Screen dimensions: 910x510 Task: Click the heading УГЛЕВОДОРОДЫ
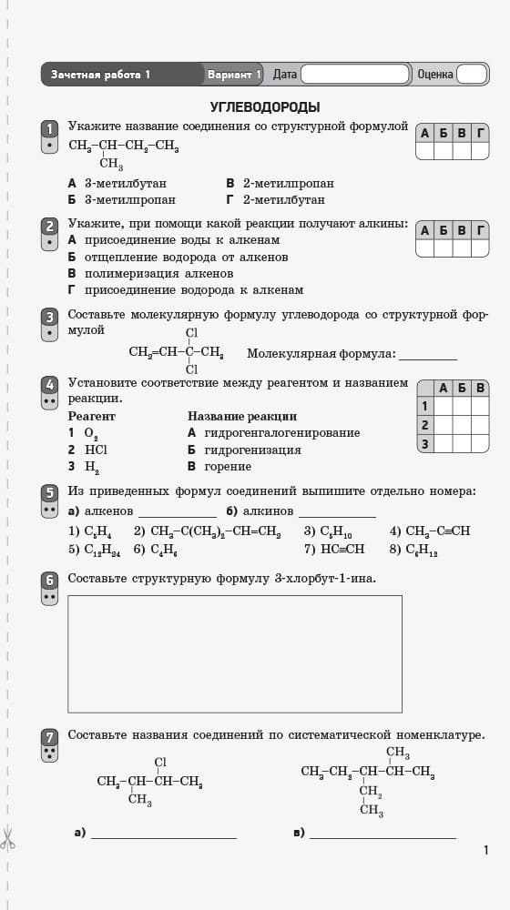coord(264,106)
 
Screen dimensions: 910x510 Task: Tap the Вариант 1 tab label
coord(234,75)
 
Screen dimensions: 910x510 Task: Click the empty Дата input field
coord(355,75)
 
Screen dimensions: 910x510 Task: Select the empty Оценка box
coord(471,75)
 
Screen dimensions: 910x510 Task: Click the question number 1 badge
coord(50,128)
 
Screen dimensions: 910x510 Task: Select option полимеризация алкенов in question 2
coord(150,273)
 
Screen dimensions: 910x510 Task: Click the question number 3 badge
coord(50,317)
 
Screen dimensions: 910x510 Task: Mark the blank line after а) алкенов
coord(177,513)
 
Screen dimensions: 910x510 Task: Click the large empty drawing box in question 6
coord(234,653)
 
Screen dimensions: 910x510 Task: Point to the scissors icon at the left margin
coord(7,838)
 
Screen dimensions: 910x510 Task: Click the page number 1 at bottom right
coord(486,850)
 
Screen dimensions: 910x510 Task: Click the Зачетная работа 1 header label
coord(101,75)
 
